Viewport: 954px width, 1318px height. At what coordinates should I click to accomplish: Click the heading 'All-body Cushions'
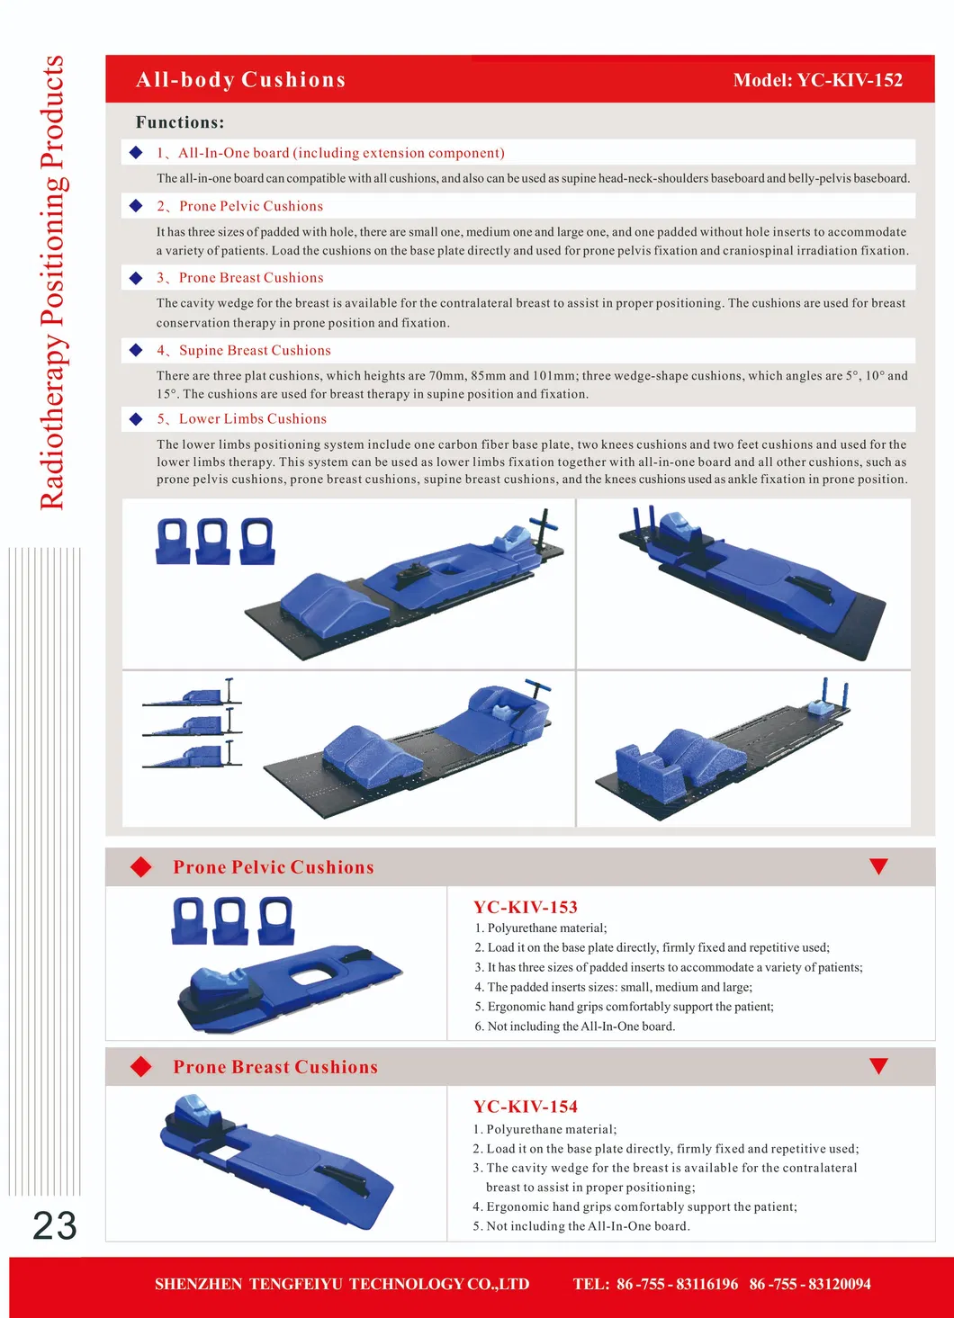[x=240, y=80]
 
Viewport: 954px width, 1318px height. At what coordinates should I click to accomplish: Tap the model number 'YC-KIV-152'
[x=850, y=80]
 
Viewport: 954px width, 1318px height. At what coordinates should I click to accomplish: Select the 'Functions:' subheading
[x=180, y=122]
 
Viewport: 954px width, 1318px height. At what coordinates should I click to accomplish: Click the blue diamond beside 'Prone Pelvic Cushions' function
[x=136, y=206]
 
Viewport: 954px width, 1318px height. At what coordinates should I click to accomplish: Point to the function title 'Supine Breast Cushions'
[x=255, y=351]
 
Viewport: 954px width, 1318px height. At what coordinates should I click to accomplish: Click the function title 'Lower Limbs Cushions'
[x=252, y=419]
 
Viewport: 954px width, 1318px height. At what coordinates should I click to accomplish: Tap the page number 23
[x=54, y=1225]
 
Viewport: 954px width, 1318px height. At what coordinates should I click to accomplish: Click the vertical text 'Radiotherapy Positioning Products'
[x=52, y=283]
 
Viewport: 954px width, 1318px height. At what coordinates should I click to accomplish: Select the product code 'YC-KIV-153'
[x=526, y=907]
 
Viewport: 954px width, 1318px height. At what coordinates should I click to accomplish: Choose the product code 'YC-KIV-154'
[x=526, y=1107]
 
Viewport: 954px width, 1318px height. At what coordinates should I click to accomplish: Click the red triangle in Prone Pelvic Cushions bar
[x=878, y=866]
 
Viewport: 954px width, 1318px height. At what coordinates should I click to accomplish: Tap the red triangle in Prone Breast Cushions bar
[x=878, y=1066]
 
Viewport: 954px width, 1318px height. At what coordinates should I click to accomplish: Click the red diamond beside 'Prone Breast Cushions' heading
[x=141, y=1067]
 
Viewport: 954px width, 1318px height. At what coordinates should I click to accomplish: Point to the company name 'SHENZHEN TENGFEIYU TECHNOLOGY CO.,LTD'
[x=342, y=1284]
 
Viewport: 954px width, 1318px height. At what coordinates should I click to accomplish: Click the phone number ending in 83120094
[x=810, y=1284]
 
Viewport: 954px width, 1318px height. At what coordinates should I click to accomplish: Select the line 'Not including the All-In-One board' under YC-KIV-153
[x=580, y=1027]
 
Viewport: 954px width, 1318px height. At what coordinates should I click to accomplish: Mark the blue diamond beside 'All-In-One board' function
[x=136, y=153]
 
